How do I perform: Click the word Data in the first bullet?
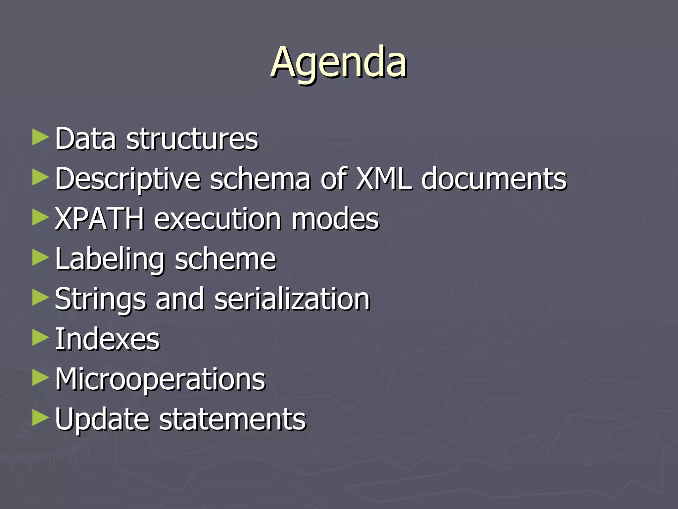pos(85,139)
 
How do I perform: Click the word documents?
pos(494,179)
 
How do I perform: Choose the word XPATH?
pos(99,219)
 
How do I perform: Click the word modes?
pos(335,219)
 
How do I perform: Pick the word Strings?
pos(100,300)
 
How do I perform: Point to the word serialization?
pos(292,299)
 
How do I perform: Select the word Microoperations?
pos(160,380)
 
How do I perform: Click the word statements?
pos(232,420)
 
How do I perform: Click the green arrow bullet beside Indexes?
pos(40,338)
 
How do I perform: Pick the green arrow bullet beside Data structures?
pos(40,137)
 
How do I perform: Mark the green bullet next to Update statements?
pos(40,418)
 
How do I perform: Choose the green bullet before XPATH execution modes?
pos(40,217)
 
